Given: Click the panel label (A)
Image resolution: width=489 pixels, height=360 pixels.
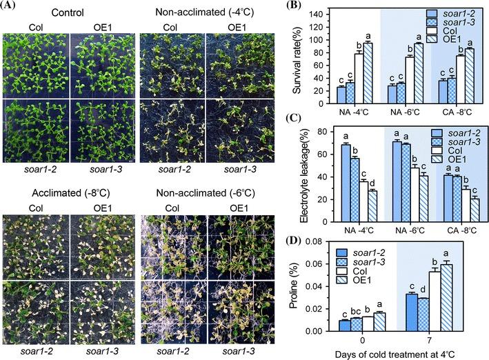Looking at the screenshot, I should pyautogui.click(x=11, y=7).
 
